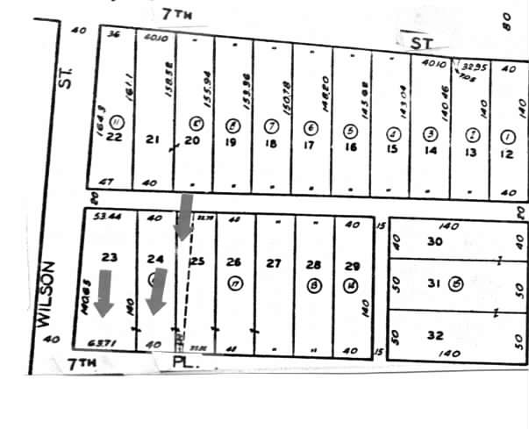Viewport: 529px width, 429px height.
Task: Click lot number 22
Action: [x=113, y=137]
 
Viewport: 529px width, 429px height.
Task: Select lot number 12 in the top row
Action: [x=506, y=154]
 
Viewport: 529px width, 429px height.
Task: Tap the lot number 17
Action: [x=309, y=145]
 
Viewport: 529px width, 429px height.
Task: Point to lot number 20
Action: [x=193, y=139]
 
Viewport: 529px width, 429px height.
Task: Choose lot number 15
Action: [x=392, y=148]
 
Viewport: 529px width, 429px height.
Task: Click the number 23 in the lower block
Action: [x=110, y=258]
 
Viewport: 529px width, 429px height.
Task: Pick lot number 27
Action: [x=274, y=263]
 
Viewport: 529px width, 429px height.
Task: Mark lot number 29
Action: [x=353, y=265]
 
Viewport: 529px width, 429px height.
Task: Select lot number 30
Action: [x=434, y=241]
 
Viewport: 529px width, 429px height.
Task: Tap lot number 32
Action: [x=435, y=334]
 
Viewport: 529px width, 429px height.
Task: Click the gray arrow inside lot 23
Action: [x=104, y=293]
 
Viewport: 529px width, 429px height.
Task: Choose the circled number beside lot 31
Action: [x=456, y=282]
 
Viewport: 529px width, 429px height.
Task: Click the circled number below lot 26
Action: [x=234, y=282]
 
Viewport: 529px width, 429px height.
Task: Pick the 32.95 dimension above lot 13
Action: [x=474, y=65]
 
